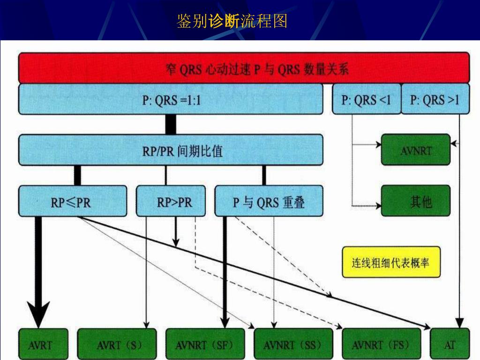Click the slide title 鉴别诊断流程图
click(232, 21)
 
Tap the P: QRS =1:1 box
click(171, 99)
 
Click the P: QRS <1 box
click(366, 99)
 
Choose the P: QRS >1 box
click(435, 99)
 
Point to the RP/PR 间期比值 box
click(171, 150)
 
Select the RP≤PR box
click(73, 201)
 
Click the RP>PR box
click(171, 201)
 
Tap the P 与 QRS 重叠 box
click(269, 201)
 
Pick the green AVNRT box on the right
click(415, 150)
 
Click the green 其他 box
click(415, 201)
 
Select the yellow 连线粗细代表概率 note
click(391, 262)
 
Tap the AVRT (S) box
click(117, 345)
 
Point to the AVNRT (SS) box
click(293, 345)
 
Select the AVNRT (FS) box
click(381, 345)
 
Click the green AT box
click(450, 345)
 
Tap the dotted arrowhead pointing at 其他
click(378, 205)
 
